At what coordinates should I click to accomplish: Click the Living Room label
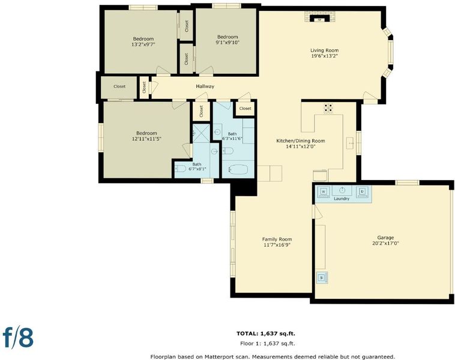pos(324,50)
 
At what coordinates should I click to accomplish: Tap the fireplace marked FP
pos(320,18)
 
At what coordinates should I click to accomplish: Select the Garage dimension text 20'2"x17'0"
pos(385,244)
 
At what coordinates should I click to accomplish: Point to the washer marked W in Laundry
pos(324,191)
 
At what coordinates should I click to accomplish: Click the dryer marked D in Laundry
pos(362,191)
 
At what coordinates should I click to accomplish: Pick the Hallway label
pos(205,86)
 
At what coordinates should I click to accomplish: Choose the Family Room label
pos(277,239)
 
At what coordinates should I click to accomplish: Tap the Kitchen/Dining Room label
pos(300,141)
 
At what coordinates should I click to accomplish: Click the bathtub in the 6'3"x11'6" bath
pos(238,170)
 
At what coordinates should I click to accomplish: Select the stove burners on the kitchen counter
pos(328,108)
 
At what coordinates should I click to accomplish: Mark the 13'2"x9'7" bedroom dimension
pos(143,44)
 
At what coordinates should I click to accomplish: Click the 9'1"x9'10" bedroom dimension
pos(227,43)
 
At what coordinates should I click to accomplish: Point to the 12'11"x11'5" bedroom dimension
pos(146,139)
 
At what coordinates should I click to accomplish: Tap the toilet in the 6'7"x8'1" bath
pos(180,169)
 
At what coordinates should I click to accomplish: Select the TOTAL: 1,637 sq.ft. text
pos(266,334)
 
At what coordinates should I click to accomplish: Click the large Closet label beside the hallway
pos(119,86)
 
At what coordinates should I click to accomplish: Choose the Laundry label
pos(342,199)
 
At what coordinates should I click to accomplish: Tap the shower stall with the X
pos(201,133)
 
